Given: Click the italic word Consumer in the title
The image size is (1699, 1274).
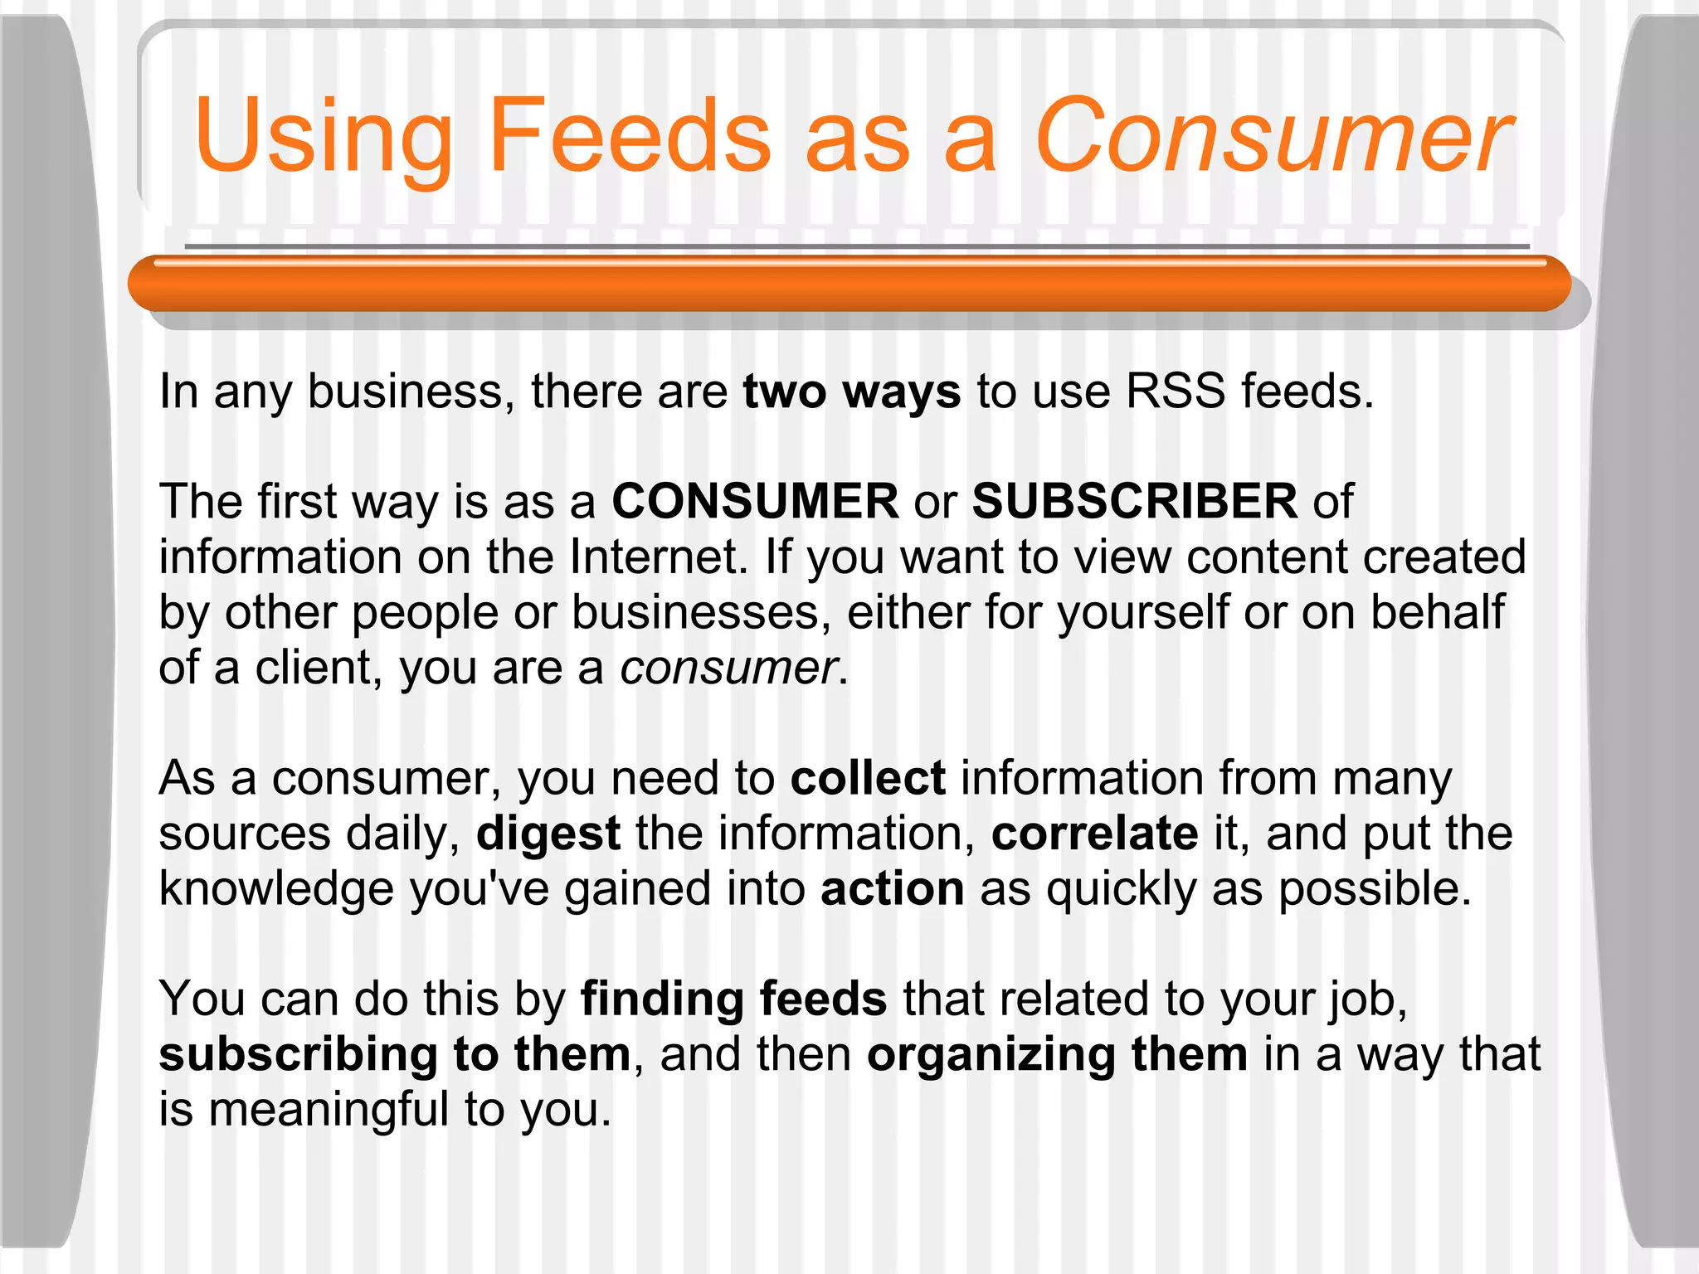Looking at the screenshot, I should pos(1273,137).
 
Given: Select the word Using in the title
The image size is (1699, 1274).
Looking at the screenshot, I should pos(324,137).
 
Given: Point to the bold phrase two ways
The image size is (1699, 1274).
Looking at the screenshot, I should pos(852,391).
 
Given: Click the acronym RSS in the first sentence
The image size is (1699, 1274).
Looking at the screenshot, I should pos(1175,391).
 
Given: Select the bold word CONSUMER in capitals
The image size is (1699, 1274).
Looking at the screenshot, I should pos(755,502).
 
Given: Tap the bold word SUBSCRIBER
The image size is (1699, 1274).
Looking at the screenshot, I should pos(1135,502).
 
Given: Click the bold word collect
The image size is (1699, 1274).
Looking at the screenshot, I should pos(868,778).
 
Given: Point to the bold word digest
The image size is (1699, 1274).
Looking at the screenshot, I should pos(548,834).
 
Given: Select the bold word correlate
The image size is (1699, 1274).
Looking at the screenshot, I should pos(1095,834).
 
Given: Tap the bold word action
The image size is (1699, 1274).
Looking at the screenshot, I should pos(893,888).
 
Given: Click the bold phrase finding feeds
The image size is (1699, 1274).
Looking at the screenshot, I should pos(733,999).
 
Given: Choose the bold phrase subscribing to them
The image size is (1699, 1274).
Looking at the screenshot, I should pos(395,1054).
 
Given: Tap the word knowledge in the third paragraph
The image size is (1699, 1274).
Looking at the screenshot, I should pos(276,888).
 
